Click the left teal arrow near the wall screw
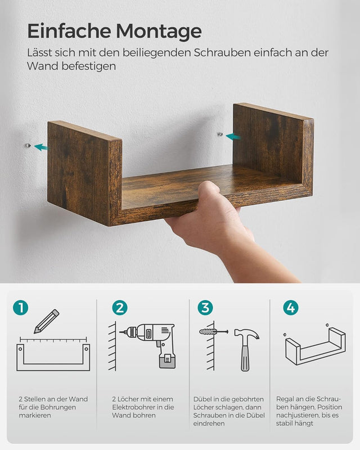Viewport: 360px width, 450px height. pyautogui.click(x=40, y=147)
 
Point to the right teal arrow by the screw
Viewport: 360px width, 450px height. pyautogui.click(x=233, y=136)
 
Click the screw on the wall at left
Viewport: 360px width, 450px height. pyautogui.click(x=28, y=146)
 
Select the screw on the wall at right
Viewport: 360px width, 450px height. pyautogui.click(x=220, y=134)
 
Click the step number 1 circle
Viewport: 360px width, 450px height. pyautogui.click(x=21, y=308)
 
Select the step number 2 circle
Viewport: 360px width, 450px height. pyautogui.click(x=119, y=308)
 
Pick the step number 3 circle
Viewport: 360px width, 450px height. pyautogui.click(x=205, y=308)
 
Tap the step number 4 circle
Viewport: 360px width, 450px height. pyautogui.click(x=291, y=308)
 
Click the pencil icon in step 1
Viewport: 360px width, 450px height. pyautogui.click(x=46, y=321)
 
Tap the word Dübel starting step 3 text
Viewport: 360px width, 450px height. pyautogui.click(x=202, y=399)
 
